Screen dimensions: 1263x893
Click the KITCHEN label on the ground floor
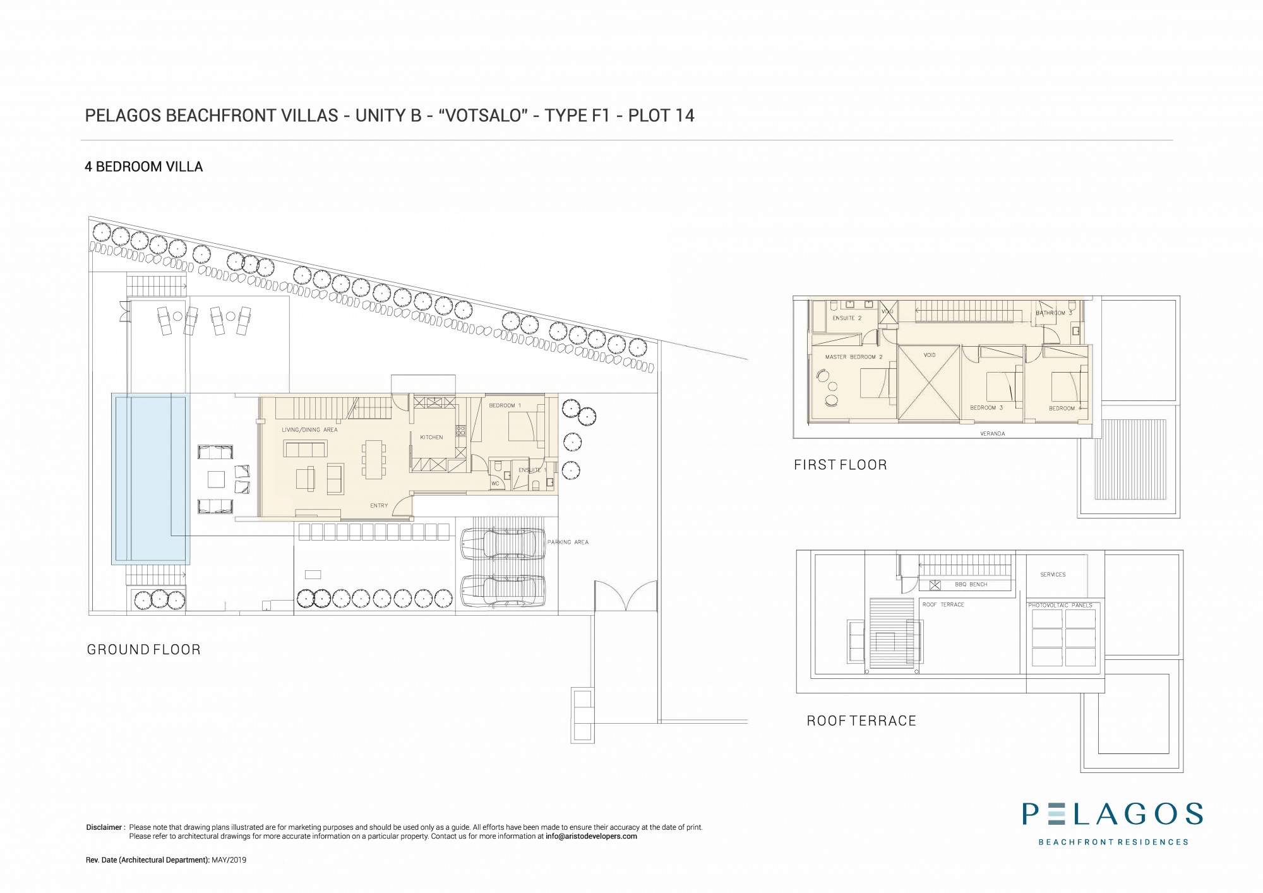[x=432, y=437]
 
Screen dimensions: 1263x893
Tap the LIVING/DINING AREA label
[x=309, y=430]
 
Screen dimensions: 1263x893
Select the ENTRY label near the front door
[x=379, y=506]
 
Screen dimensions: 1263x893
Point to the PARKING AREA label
[x=568, y=542]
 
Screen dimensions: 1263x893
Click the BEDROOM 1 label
[x=505, y=405]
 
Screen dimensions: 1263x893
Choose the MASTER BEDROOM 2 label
[x=854, y=357]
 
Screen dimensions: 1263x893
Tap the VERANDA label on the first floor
[x=992, y=434]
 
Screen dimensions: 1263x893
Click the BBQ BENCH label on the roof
[x=971, y=585]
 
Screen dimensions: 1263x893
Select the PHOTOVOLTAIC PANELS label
[x=1060, y=606]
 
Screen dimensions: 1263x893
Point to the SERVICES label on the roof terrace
[x=1053, y=575]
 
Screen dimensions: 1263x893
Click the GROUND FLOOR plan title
[x=143, y=650]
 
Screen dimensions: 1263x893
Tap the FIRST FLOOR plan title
[x=840, y=465]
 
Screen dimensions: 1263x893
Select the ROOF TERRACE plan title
[x=861, y=721]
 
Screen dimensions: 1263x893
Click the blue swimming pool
[x=151, y=478]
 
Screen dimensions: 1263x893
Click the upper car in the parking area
[x=503, y=544]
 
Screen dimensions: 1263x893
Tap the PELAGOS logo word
[x=1113, y=815]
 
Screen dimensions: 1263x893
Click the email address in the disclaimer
[x=591, y=836]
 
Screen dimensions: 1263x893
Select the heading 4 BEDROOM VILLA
[x=144, y=167]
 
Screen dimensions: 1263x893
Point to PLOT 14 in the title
[x=661, y=116]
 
